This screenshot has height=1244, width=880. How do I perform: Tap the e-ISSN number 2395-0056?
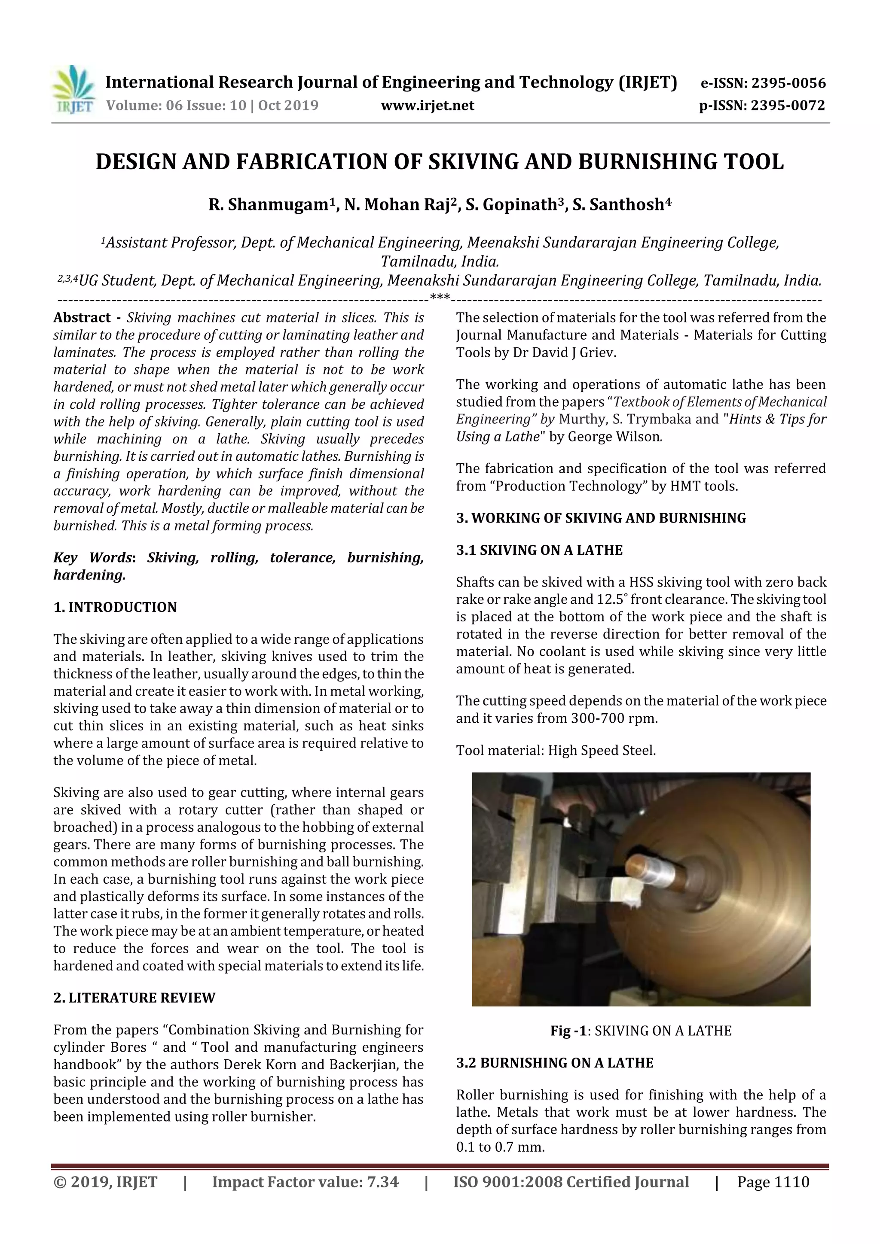(788, 83)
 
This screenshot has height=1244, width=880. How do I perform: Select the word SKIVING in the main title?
(470, 162)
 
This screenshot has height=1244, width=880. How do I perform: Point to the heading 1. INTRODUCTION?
(115, 607)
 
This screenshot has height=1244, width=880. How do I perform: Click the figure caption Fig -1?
(568, 1031)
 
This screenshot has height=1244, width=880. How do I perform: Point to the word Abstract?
(81, 317)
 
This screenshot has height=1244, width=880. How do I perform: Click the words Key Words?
(92, 557)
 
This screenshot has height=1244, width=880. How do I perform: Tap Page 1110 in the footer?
(773, 1182)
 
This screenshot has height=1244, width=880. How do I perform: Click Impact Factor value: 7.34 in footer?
(305, 1182)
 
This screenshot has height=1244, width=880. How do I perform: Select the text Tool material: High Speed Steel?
(556, 751)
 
